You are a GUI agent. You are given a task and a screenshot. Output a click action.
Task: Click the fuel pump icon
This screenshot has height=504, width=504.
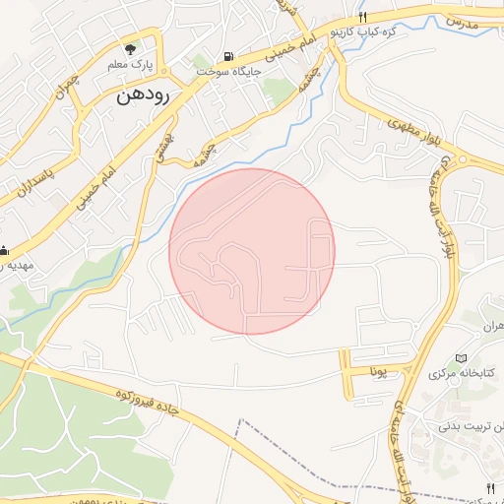pyautogui.click(x=229, y=57)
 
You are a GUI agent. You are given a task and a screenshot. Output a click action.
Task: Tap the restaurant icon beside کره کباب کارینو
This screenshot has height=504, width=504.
pyautogui.click(x=363, y=18)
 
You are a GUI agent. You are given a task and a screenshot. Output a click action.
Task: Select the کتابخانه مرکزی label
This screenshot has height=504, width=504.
pyautogui.click(x=452, y=374)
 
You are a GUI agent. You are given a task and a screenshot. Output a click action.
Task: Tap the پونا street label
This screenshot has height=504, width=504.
pyautogui.click(x=381, y=372)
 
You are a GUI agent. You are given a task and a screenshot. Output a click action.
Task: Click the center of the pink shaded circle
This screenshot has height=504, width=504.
pyautogui.click(x=252, y=251)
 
